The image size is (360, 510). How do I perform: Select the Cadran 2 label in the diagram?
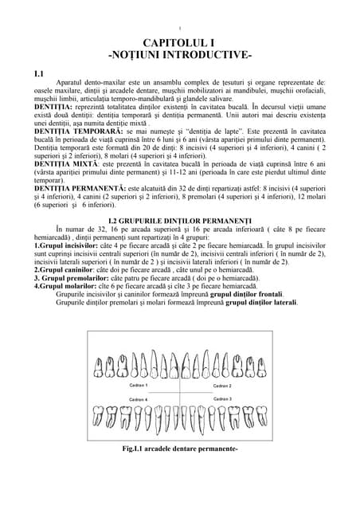click(x=222, y=386)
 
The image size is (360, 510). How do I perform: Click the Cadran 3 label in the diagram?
click(x=222, y=398)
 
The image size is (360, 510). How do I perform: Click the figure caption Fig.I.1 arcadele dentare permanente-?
click(x=179, y=449)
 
